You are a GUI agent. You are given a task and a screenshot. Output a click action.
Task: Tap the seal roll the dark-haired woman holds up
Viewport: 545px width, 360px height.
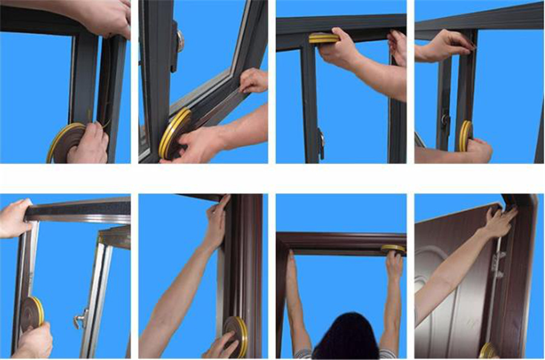click(392, 248)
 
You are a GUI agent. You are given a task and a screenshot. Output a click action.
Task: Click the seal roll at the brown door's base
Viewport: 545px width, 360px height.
click(487, 350)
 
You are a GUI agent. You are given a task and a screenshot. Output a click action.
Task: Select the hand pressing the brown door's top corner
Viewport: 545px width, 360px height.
click(500, 222)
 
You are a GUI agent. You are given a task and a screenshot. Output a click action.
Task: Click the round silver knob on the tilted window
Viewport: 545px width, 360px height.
click(180, 40)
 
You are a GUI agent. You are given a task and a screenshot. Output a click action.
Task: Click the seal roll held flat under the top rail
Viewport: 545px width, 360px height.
click(323, 38)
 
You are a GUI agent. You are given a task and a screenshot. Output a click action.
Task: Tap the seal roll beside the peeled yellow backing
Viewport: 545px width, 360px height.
click(65, 142)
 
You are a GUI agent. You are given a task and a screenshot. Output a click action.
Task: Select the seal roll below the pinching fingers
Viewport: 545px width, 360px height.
click(466, 135)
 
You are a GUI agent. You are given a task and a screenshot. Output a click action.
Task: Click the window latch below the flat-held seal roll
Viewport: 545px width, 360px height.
click(322, 143)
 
